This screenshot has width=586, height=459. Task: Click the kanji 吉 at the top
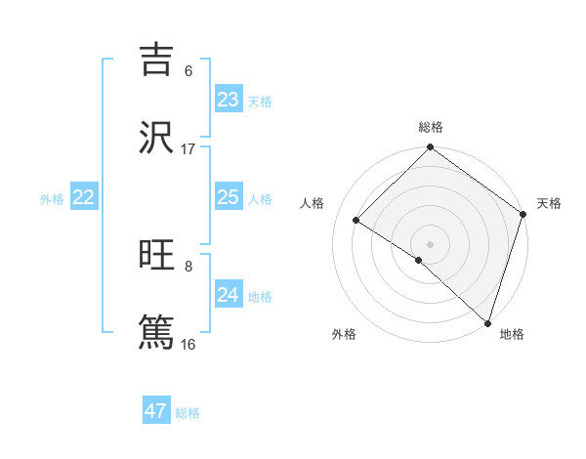156,60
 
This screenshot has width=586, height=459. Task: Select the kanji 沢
156,138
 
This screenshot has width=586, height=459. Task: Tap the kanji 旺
156,255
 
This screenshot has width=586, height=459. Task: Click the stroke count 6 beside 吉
188,71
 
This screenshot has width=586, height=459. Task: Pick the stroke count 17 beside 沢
188,149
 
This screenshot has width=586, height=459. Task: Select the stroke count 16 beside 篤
188,345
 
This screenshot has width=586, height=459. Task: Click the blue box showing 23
229,100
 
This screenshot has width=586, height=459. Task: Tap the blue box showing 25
229,197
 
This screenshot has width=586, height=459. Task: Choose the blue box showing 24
229,295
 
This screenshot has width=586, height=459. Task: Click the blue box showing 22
84,197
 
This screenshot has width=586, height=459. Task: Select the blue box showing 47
156,411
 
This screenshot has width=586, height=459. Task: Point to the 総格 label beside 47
188,413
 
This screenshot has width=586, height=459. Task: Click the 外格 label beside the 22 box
52,199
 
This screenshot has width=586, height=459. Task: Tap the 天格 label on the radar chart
549,204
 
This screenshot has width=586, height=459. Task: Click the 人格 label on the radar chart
313,204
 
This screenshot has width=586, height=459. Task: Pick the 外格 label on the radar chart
344,334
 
